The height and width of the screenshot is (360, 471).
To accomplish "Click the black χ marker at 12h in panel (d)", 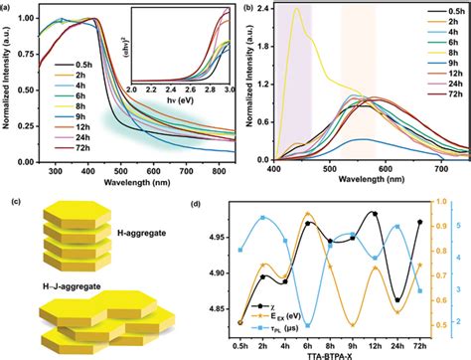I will click(x=374, y=213).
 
